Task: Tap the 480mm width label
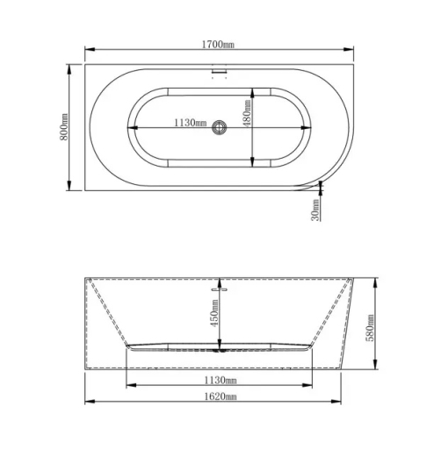coord(247,112)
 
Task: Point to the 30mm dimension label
coord(314,210)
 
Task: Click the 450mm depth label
coord(213,313)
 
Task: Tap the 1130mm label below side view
coord(220,380)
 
